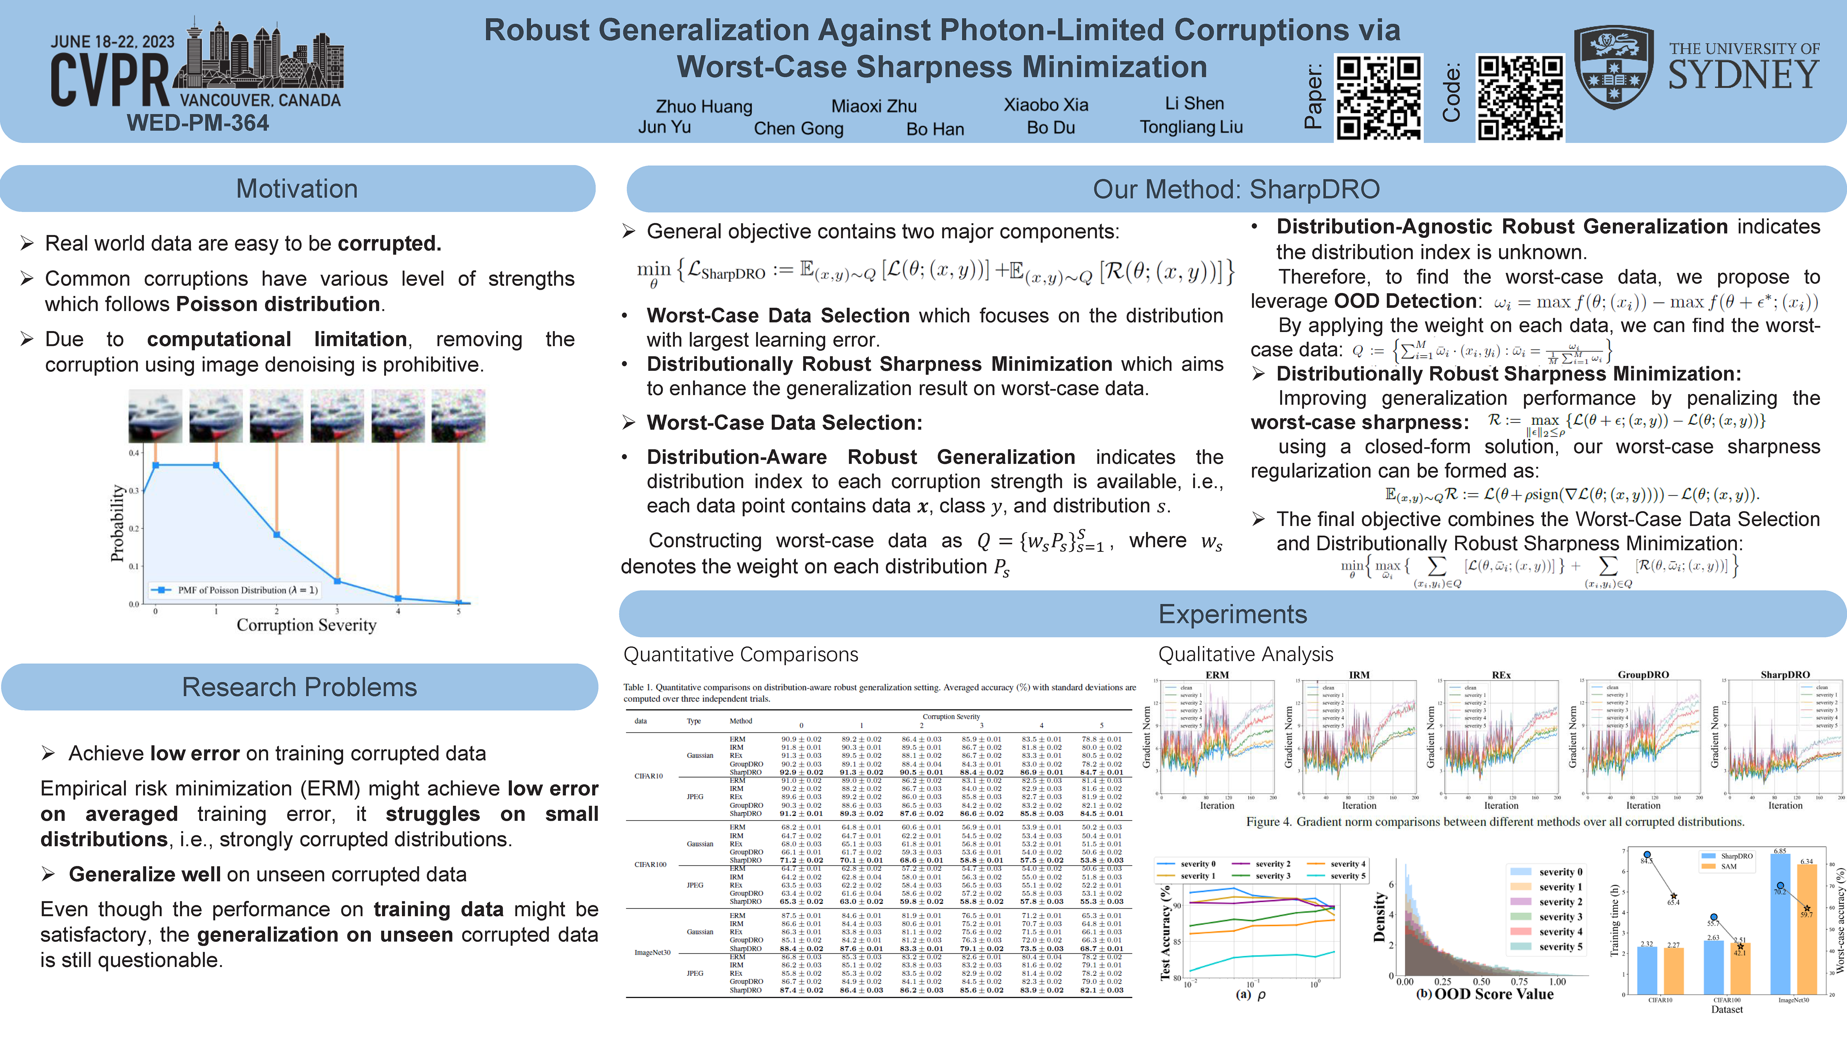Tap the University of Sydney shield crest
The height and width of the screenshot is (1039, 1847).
tap(1613, 68)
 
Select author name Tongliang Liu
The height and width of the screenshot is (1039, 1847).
tap(1191, 127)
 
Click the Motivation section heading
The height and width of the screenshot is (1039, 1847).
tap(297, 189)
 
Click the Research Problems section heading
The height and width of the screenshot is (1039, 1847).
tap(299, 687)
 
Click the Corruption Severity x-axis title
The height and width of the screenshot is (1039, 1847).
tap(306, 625)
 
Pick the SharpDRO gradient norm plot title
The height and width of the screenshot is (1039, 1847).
tap(1785, 675)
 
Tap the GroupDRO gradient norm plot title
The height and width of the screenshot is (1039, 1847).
tap(1643, 675)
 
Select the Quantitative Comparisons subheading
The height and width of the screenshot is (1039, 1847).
tap(741, 654)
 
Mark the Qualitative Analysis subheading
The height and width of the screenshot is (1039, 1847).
tap(1246, 654)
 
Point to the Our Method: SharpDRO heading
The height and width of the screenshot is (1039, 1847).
tap(1236, 189)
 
